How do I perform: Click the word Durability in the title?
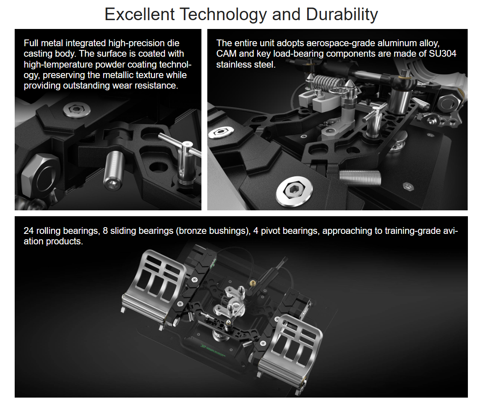342,15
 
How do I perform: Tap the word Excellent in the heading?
140,14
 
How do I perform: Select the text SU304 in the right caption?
443,54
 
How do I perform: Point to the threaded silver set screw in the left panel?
114,170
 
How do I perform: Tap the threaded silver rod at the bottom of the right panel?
360,178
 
